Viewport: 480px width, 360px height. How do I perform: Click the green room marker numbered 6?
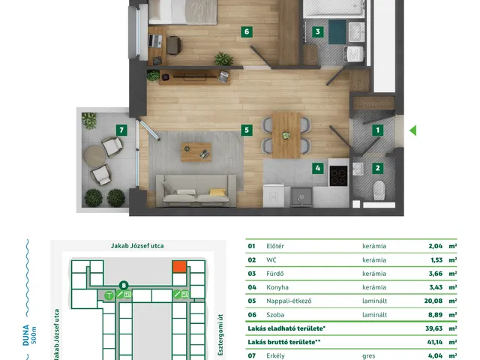click(247, 31)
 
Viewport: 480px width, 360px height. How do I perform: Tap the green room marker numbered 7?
click(121, 130)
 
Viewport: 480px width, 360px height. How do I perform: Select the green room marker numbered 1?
click(378, 130)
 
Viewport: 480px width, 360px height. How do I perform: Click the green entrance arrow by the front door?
click(413, 130)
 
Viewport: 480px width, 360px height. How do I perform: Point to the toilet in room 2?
click(379, 190)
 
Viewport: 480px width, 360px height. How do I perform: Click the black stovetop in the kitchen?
click(338, 175)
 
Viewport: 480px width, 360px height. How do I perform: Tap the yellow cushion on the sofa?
click(217, 192)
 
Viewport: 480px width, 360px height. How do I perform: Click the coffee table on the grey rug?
click(196, 151)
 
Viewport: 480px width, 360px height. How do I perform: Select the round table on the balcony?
click(94, 156)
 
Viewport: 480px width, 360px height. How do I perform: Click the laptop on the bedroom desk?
click(155, 40)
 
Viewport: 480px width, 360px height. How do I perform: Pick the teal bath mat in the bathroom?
click(337, 32)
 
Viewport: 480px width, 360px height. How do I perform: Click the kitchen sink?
click(301, 196)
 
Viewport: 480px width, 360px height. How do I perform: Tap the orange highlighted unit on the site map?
click(179, 267)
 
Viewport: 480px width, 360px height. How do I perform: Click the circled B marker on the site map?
click(124, 286)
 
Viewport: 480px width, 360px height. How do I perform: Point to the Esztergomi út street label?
click(220, 334)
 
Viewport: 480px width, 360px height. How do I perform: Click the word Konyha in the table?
click(277, 287)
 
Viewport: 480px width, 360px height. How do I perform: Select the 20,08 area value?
click(433, 301)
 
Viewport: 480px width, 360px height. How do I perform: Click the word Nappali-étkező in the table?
click(289, 301)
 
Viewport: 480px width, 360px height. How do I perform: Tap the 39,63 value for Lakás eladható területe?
click(433, 328)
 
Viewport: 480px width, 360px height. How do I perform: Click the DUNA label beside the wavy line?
click(25, 335)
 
